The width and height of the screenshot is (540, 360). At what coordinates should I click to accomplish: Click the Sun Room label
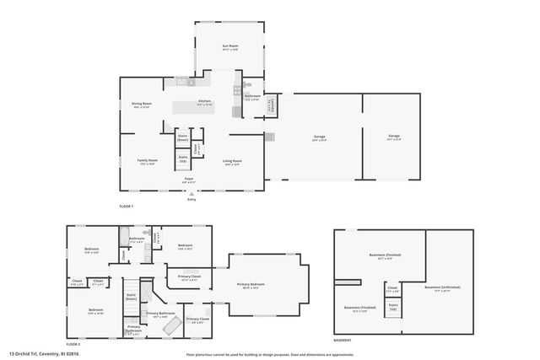click(229, 48)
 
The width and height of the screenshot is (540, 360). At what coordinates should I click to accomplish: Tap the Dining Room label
click(141, 105)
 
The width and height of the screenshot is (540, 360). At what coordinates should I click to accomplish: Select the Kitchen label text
click(204, 102)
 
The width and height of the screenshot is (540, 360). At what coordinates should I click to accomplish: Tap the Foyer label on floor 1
click(190, 179)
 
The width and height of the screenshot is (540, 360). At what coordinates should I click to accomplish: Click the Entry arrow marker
click(190, 193)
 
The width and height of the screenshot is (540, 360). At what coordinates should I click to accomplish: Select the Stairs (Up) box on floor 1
click(182, 158)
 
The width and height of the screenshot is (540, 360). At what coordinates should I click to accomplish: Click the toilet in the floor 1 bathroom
click(247, 86)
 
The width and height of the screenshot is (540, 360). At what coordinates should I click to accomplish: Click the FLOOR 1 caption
click(127, 207)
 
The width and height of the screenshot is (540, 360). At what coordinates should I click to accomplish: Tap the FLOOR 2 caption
click(73, 344)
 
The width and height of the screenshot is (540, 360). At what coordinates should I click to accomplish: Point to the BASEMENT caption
click(343, 341)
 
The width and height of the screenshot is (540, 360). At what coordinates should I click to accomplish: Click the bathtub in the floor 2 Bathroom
click(124, 235)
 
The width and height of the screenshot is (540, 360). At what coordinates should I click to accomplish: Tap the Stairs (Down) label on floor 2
click(131, 297)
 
